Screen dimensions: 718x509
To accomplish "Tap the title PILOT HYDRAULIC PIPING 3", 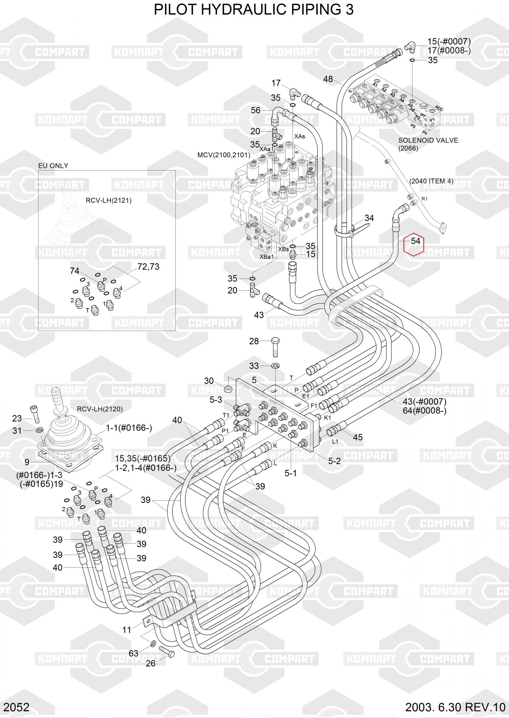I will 254,10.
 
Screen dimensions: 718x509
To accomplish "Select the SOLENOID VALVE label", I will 428,140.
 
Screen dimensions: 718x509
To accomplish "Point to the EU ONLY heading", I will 53,166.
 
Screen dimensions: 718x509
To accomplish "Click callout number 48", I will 328,79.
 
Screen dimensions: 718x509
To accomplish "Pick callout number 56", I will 256,110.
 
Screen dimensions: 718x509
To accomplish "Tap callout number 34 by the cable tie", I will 369,218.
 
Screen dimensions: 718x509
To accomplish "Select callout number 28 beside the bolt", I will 254,341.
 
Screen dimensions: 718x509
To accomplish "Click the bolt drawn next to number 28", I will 275,346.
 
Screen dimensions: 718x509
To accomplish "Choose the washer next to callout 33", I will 276,366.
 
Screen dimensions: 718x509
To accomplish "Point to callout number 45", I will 358,437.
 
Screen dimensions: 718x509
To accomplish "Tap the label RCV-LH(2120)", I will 100,409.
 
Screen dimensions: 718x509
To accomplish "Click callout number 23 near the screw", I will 17,418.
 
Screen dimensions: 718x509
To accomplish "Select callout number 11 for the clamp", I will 127,630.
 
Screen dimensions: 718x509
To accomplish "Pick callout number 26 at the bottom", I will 151,663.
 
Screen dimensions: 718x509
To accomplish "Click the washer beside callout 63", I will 153,644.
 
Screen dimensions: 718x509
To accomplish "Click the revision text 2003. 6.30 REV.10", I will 455,708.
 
